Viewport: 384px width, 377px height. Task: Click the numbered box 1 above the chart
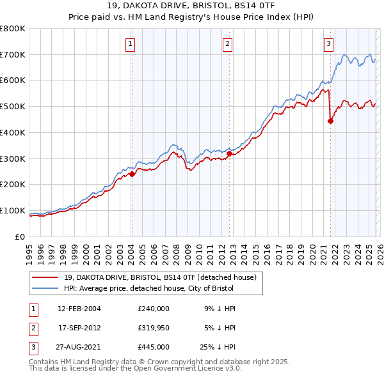coord(131,44)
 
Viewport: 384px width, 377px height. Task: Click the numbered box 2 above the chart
coord(228,44)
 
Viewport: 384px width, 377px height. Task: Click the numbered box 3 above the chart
coord(328,44)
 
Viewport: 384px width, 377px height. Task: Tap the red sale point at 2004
coord(132,174)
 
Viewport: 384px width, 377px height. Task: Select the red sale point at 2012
coord(229,153)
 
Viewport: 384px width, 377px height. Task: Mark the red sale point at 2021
coord(331,121)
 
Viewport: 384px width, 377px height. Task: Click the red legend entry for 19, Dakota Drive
coord(160,277)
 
